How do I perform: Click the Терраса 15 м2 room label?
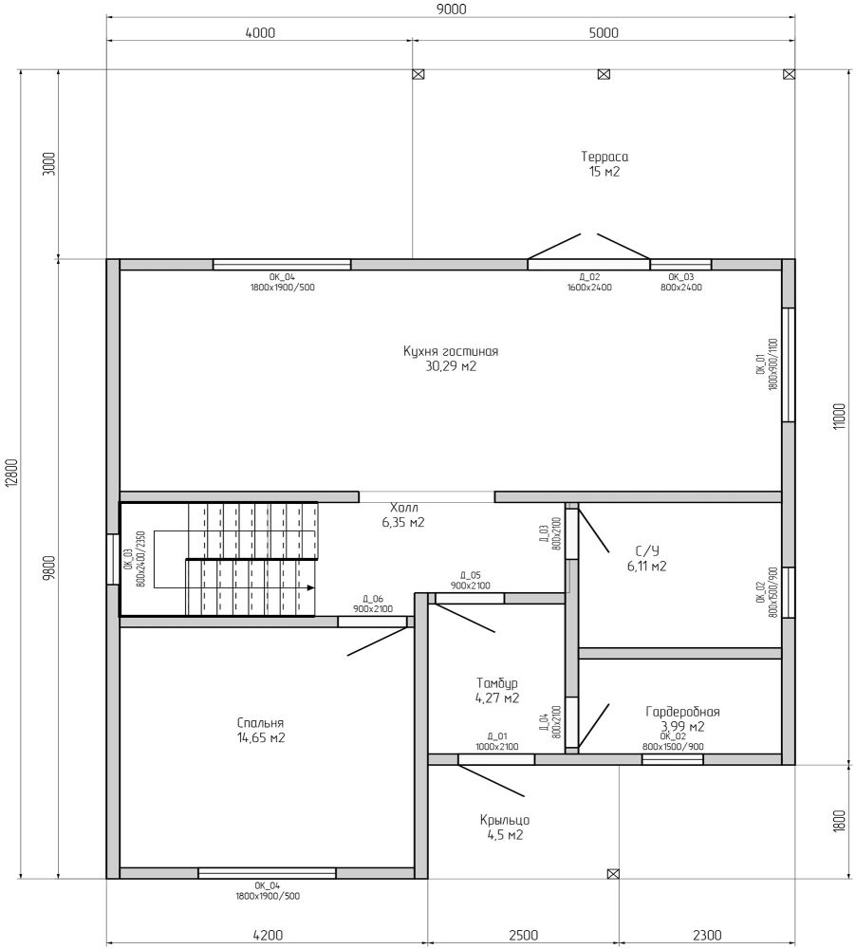[605, 164]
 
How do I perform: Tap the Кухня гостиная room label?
[451, 352]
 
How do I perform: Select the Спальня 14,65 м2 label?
[260, 731]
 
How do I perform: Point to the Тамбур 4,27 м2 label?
[497, 691]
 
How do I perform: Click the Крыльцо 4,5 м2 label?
[504, 828]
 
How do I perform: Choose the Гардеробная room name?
[683, 712]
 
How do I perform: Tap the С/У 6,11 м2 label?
[647, 558]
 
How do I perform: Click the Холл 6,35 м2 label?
[403, 514]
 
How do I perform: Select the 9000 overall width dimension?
[451, 9]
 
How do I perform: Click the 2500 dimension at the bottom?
[523, 936]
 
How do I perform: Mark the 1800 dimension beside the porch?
[839, 821]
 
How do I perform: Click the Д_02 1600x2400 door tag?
[589, 283]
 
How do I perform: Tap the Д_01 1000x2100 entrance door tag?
[496, 742]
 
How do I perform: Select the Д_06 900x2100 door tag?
[373, 604]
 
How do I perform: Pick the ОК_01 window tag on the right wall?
[767, 363]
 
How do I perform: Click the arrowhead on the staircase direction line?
[311, 587]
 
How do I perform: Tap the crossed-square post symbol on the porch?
[613, 874]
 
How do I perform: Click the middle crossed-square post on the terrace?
[604, 74]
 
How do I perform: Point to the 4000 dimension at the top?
[260, 32]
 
